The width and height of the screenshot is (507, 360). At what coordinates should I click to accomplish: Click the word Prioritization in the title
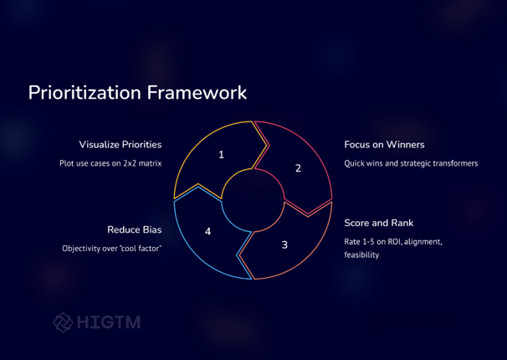pos(84,93)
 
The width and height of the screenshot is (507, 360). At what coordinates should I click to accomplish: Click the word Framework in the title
pos(197,92)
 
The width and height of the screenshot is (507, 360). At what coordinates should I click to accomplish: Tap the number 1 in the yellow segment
pos(221,155)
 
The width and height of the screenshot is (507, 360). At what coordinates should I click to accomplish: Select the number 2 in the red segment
pos(298,168)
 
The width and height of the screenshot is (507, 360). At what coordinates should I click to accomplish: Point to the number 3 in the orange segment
pos(284,244)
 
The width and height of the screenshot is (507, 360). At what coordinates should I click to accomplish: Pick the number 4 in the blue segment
pos(208,231)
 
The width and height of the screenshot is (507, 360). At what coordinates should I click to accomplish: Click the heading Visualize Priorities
pos(120,145)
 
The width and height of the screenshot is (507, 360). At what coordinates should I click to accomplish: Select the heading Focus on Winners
pos(385,145)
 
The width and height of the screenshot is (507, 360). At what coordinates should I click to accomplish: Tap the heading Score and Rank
pos(379,223)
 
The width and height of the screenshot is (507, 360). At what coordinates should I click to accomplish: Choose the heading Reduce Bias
pos(135,229)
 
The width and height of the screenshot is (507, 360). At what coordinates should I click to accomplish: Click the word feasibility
pos(361,255)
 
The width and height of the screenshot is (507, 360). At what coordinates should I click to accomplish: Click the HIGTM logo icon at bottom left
pos(63,322)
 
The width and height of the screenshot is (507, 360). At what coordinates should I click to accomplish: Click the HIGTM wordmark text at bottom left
pos(109,322)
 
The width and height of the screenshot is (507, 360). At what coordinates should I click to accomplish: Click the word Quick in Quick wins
pos(353,163)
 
